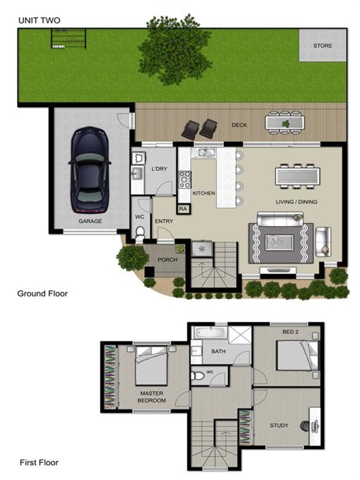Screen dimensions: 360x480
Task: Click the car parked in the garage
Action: [89, 170]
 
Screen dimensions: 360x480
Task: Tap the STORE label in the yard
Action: [323, 46]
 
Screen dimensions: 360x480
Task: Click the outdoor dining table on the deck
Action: [285, 122]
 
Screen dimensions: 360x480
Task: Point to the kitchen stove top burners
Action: [185, 179]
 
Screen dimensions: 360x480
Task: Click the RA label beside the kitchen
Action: [183, 209]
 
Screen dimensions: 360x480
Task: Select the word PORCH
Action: [167, 260]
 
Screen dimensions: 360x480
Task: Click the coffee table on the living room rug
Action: [280, 242]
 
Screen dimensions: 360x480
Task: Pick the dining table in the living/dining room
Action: [298, 176]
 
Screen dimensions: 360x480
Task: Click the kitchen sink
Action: [203, 152]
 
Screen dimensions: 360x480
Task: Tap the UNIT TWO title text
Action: [40, 20]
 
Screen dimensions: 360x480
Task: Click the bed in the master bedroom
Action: [151, 366]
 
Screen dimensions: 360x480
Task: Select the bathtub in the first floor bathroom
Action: [210, 332]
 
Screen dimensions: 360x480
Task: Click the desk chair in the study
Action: [305, 426]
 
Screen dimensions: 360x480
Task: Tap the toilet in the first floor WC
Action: [198, 376]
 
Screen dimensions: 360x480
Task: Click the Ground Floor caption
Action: [42, 294]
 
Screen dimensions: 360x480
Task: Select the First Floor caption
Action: [39, 462]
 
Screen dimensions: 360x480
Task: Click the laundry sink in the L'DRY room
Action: [138, 174]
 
